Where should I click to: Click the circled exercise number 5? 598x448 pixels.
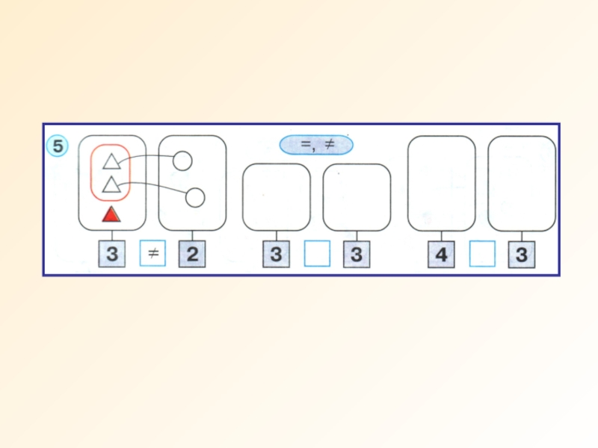(x=57, y=146)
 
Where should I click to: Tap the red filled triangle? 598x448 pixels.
(x=111, y=215)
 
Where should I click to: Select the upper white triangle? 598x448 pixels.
(x=111, y=161)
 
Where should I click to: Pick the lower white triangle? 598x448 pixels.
(x=111, y=184)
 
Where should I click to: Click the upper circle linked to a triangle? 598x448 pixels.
(x=182, y=161)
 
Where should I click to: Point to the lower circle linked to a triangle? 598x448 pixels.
(x=194, y=197)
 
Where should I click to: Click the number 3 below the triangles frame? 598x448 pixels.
(x=112, y=255)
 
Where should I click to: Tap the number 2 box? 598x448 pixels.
(x=192, y=255)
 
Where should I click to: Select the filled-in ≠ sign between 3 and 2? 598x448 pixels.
(x=152, y=255)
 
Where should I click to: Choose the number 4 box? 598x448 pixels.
(x=441, y=255)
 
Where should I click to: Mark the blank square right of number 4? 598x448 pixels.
(x=482, y=255)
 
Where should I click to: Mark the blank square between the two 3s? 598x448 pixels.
(x=317, y=255)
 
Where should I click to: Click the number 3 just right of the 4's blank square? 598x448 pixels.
(x=522, y=255)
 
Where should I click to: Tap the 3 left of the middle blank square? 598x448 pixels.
(x=276, y=255)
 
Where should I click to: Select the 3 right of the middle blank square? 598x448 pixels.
(x=357, y=255)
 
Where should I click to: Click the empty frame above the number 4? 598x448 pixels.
(x=441, y=183)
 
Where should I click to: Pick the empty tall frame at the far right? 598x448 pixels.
(x=522, y=183)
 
